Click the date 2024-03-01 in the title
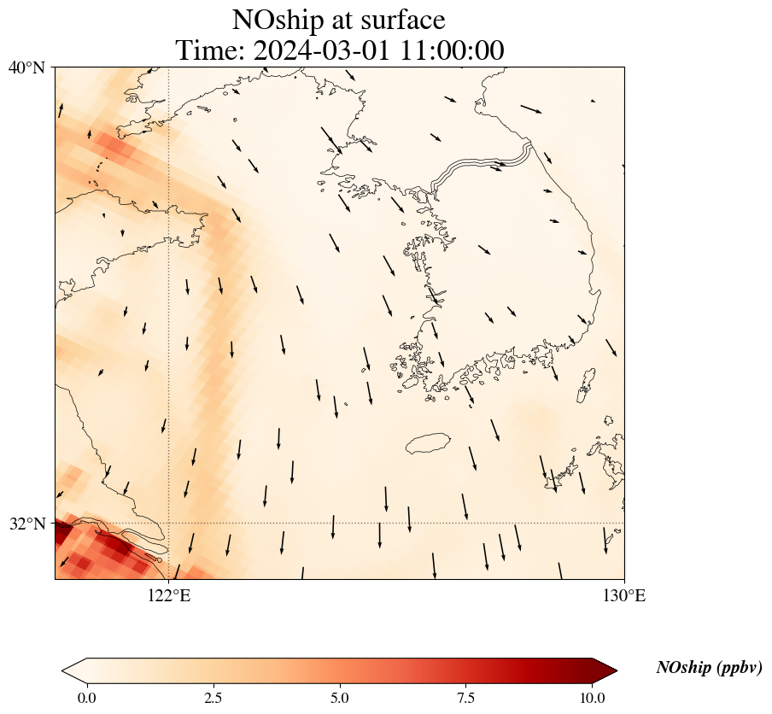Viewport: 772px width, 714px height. (x=318, y=50)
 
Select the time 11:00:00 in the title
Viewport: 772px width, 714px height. (x=448, y=50)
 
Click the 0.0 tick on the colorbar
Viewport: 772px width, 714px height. (x=86, y=698)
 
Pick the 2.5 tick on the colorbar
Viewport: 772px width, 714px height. (x=213, y=698)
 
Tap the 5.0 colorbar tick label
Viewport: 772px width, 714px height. (x=340, y=698)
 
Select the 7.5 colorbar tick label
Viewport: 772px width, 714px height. (x=466, y=698)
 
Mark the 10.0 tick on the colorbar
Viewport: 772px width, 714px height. (x=593, y=698)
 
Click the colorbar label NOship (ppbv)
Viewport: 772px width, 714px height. (x=709, y=668)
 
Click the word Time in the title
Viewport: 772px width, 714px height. (x=204, y=50)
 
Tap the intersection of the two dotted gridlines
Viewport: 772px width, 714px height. (x=169, y=523)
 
